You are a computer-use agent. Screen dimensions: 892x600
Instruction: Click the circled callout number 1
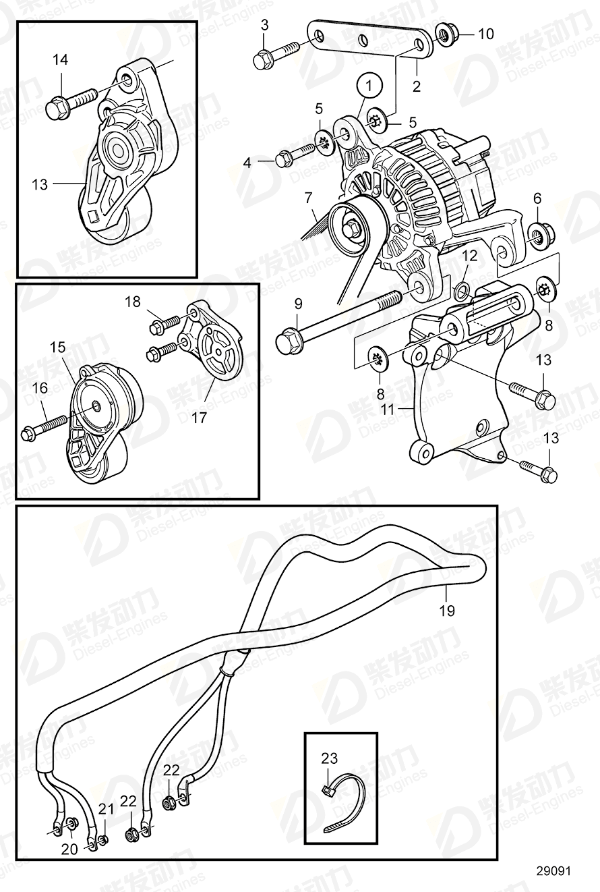(x=368, y=86)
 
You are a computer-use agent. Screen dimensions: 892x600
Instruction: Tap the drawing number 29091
(x=553, y=871)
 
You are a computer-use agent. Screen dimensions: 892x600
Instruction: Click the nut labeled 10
(x=445, y=33)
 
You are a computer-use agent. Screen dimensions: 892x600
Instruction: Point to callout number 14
(x=60, y=60)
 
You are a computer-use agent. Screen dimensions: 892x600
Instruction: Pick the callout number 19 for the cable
(x=447, y=611)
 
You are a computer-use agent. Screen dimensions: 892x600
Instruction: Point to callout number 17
(x=199, y=418)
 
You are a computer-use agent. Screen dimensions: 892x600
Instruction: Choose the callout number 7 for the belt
(x=308, y=198)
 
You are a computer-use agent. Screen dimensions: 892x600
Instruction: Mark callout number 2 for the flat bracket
(x=417, y=86)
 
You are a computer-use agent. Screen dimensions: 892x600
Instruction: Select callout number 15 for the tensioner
(x=58, y=348)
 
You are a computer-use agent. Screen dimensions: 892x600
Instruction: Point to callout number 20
(x=70, y=849)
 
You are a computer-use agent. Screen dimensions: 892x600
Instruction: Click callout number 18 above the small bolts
(x=133, y=302)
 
